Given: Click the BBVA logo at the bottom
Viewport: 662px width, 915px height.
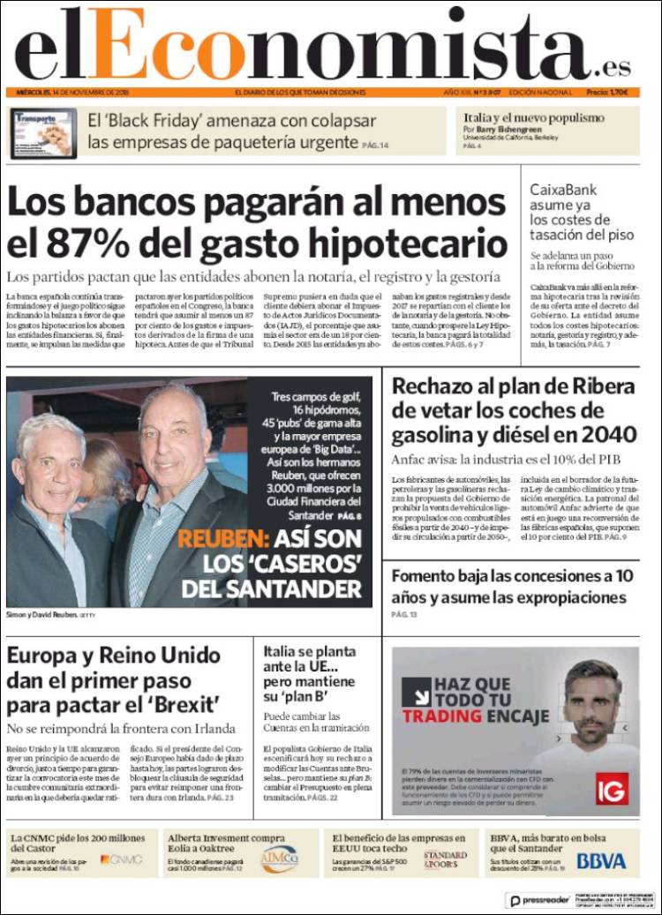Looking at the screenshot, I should point(601,860).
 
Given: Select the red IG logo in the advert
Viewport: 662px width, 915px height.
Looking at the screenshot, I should point(612,788).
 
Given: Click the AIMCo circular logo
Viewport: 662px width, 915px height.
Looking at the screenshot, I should point(280,859).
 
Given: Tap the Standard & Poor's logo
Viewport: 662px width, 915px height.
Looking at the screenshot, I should point(445,859).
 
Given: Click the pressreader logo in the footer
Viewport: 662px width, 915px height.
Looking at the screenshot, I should point(538,900).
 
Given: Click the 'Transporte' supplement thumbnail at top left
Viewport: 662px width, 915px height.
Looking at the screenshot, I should point(44,133).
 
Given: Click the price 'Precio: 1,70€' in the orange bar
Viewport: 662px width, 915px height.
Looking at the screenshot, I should point(607,93).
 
